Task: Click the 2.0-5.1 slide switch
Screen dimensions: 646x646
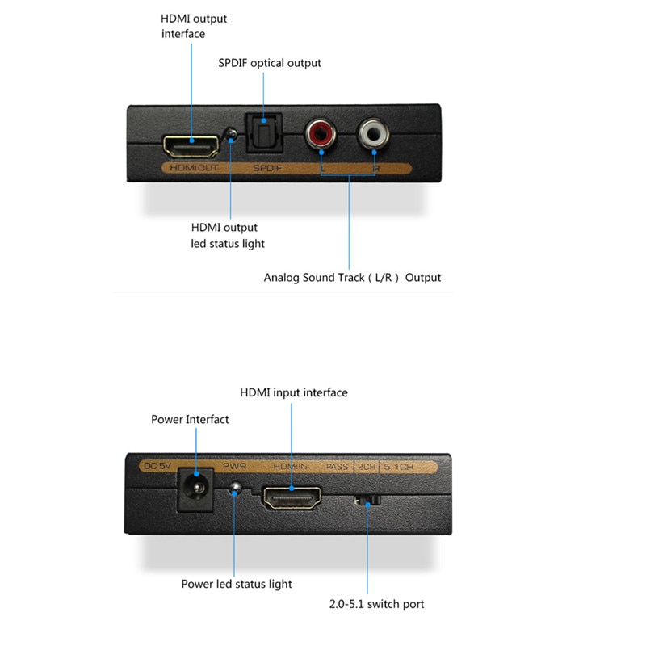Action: click(367, 501)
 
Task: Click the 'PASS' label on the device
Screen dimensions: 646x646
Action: click(337, 466)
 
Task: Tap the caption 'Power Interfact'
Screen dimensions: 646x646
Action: click(190, 419)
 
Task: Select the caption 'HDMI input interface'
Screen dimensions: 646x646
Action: click(294, 392)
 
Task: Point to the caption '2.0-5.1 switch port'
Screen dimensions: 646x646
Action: click(376, 604)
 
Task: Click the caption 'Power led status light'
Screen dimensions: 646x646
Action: click(237, 583)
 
